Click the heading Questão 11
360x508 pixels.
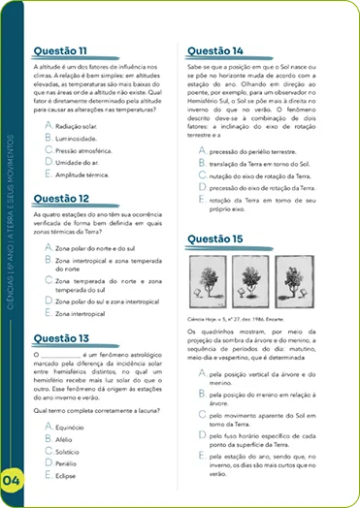point(60,49)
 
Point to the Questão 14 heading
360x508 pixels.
point(214,49)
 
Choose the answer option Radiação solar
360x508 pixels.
point(76,127)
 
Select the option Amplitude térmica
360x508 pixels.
point(81,175)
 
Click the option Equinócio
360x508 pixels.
point(71,428)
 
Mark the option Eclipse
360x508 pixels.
point(67,476)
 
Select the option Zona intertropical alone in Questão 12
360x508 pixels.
point(84,313)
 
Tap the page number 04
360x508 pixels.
point(13,479)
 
